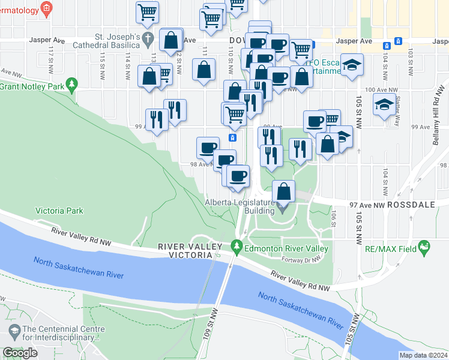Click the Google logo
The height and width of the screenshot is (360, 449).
20,353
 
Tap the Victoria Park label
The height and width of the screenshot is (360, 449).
59,211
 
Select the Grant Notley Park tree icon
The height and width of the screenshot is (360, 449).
72,84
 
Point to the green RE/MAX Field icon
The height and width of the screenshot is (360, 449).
425,247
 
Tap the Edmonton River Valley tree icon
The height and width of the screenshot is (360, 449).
237,246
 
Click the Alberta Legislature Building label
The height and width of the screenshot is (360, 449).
240,206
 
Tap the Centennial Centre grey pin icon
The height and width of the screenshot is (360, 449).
13,331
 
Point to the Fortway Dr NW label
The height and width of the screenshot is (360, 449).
302,260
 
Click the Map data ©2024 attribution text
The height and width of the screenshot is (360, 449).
423,355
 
